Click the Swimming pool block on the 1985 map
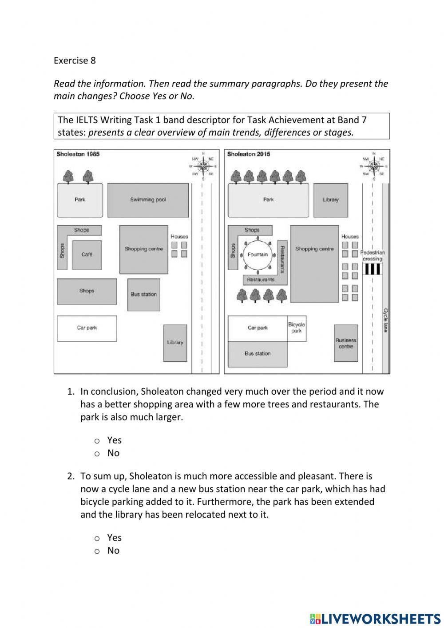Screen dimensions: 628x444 (x=148, y=200)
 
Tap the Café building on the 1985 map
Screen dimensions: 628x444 (x=87, y=255)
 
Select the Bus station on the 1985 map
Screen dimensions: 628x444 (x=143, y=294)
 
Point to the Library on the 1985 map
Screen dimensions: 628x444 (x=175, y=343)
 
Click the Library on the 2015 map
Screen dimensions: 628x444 (x=330, y=200)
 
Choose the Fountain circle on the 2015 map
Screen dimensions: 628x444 (x=258, y=255)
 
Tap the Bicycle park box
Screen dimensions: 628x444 (x=297, y=328)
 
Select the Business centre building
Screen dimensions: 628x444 (x=346, y=343)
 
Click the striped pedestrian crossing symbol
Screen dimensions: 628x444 (x=372, y=269)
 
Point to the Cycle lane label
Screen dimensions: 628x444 (x=385, y=320)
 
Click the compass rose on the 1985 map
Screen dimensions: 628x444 (x=203, y=166)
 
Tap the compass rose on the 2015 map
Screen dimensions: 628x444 (x=374, y=166)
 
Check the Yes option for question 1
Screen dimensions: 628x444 (x=97, y=440)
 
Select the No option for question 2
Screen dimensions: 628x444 (x=97, y=551)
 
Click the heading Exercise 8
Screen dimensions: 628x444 (x=75, y=60)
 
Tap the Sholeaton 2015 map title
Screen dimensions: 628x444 (x=248, y=154)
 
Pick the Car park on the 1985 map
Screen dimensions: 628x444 (x=87, y=328)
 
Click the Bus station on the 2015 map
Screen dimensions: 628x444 (x=258, y=354)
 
